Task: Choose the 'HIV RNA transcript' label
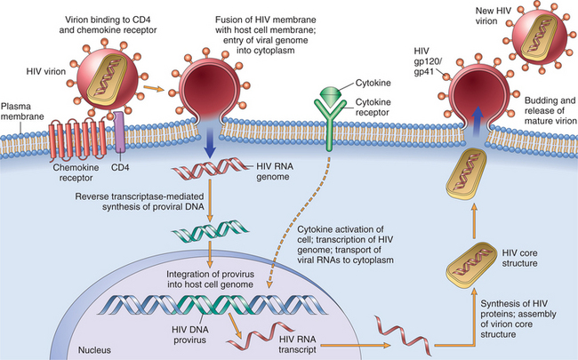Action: click(300, 337)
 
